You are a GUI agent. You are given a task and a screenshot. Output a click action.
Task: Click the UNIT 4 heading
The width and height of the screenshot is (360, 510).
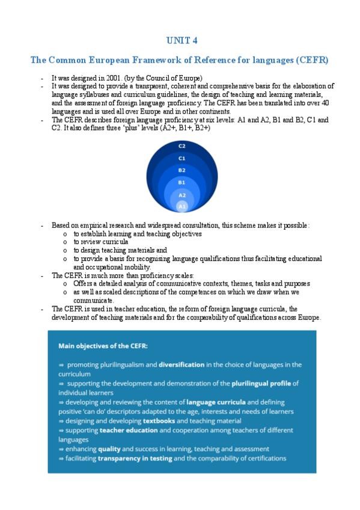(x=181, y=40)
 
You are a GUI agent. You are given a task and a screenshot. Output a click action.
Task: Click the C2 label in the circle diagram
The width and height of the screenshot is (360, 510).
(x=182, y=146)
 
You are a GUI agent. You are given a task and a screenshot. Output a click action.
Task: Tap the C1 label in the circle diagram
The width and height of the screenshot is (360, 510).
(x=182, y=158)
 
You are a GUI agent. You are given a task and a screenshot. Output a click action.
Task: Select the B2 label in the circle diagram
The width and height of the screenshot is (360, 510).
(x=182, y=170)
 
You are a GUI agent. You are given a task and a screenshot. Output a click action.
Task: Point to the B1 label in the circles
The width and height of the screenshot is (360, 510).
(x=182, y=182)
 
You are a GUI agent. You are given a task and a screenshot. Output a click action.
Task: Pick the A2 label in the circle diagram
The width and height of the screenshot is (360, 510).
(x=182, y=195)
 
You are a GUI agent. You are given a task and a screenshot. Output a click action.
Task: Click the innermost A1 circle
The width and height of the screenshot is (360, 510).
(x=182, y=206)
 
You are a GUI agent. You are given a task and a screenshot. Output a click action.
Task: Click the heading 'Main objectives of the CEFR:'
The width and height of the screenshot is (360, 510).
(x=102, y=346)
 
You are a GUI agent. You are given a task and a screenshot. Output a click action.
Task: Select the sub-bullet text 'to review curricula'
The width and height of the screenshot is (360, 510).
(x=101, y=242)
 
